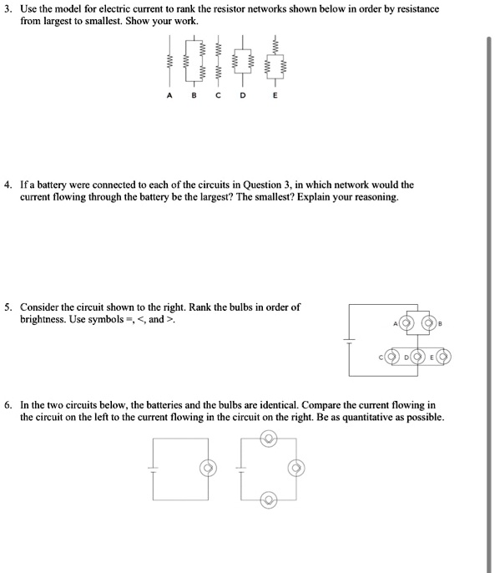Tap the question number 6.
pyautogui.click(x=9, y=404)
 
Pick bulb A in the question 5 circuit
pyautogui.click(x=407, y=322)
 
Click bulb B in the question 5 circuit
pyautogui.click(x=429, y=322)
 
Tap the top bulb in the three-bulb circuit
pyautogui.click(x=267, y=437)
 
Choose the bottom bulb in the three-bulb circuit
pyautogui.click(x=267, y=499)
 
